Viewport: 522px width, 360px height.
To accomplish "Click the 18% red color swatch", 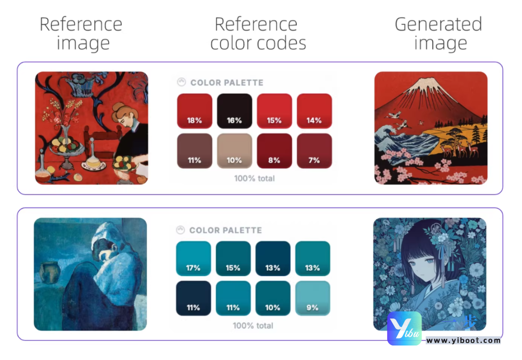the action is pyautogui.click(x=194, y=111).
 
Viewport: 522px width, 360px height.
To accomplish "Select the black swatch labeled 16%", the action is pyautogui.click(x=234, y=111).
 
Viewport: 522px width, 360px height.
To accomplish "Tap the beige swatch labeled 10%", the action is pyautogui.click(x=234, y=151).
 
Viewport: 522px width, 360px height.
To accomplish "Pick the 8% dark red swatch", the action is pyautogui.click(x=275, y=151).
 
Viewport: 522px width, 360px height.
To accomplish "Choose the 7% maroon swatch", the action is pyautogui.click(x=314, y=151).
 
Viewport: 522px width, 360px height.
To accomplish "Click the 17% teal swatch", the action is pyautogui.click(x=193, y=259).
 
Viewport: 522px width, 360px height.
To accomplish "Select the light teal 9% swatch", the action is pyautogui.click(x=313, y=298).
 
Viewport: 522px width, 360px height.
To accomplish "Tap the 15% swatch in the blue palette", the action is pyautogui.click(x=233, y=259).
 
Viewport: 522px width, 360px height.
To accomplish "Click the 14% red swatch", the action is pyautogui.click(x=314, y=111).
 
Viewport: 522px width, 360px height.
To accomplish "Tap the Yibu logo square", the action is pyautogui.click(x=405, y=329).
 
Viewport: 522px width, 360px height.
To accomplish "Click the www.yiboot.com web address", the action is pyautogui.click(x=464, y=340).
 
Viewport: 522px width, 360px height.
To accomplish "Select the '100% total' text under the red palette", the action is pyautogui.click(x=254, y=178).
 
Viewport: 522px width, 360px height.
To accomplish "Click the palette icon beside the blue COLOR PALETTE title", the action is pyautogui.click(x=180, y=230).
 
